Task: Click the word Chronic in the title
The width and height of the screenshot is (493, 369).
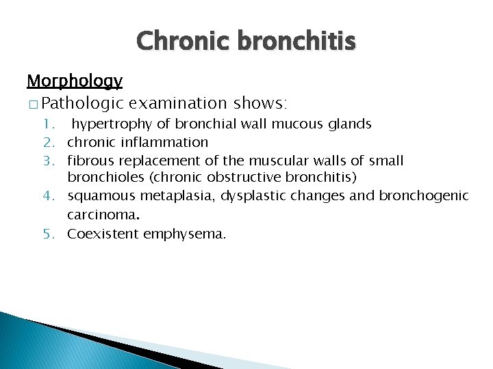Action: (184, 41)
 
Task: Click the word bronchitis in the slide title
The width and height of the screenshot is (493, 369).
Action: (296, 41)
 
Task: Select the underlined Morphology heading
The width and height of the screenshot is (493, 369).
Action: (75, 81)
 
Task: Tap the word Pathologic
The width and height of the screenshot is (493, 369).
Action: (82, 103)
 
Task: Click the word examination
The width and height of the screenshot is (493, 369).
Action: (178, 103)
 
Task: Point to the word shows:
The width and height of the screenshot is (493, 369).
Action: (261, 103)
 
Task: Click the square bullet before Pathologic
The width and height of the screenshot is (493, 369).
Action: (33, 104)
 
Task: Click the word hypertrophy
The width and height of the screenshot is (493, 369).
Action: (106, 124)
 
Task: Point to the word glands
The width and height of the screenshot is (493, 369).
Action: (349, 124)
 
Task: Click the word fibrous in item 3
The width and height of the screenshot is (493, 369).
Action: (90, 161)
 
